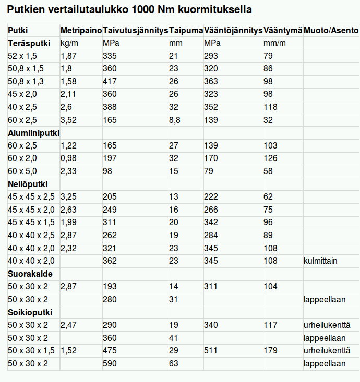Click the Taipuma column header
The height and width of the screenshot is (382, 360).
pyautogui.click(x=186, y=30)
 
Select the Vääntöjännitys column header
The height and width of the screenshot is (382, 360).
pyautogui.click(x=233, y=30)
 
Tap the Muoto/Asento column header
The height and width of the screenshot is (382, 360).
pyautogui.click(x=331, y=30)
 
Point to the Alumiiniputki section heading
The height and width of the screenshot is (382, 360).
pyautogui.click(x=33, y=133)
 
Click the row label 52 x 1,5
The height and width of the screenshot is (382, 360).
pyautogui.click(x=23, y=56)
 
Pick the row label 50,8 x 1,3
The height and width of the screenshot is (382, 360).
pyautogui.click(x=26, y=81)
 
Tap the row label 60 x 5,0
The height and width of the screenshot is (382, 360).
pyautogui.click(x=23, y=171)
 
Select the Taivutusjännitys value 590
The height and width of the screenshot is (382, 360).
pyautogui.click(x=110, y=363)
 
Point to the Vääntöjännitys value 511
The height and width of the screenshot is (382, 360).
pyautogui.click(x=211, y=351)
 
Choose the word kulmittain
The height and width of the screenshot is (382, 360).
pyautogui.click(x=320, y=261)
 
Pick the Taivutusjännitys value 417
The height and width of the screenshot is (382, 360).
pyautogui.click(x=110, y=81)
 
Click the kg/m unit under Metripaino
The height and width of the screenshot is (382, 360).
pyautogui.click(x=69, y=43)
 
